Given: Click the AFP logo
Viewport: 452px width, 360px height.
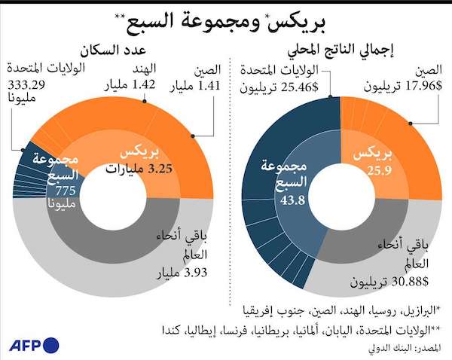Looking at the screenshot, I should click(34, 346).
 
